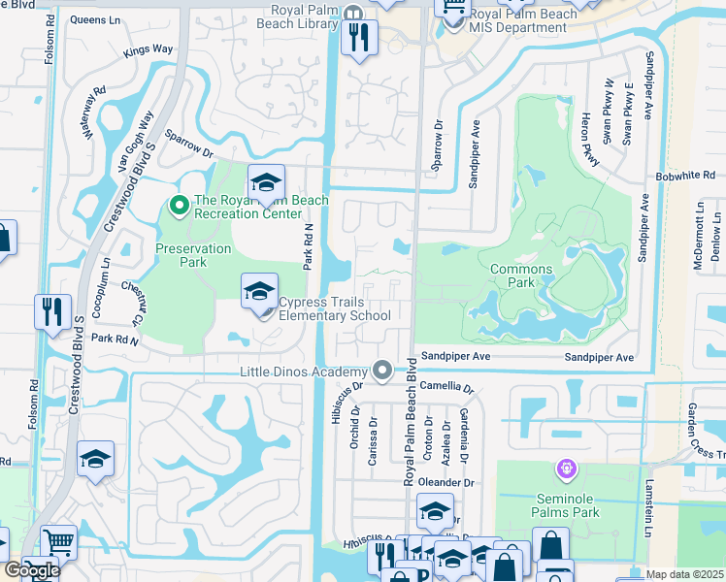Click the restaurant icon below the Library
coord(359,38)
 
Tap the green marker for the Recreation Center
coord(179,206)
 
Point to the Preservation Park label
coord(194,255)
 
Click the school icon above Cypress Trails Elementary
coord(259,291)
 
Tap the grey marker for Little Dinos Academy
coord(382,371)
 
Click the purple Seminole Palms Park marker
coord(566,470)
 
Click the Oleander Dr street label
coord(447,482)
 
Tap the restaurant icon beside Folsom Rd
coord(51,311)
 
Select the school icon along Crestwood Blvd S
coord(96,459)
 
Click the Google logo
coord(31,570)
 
